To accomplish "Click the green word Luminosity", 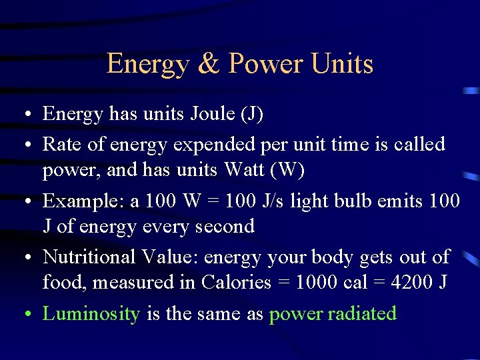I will tap(91, 313).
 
